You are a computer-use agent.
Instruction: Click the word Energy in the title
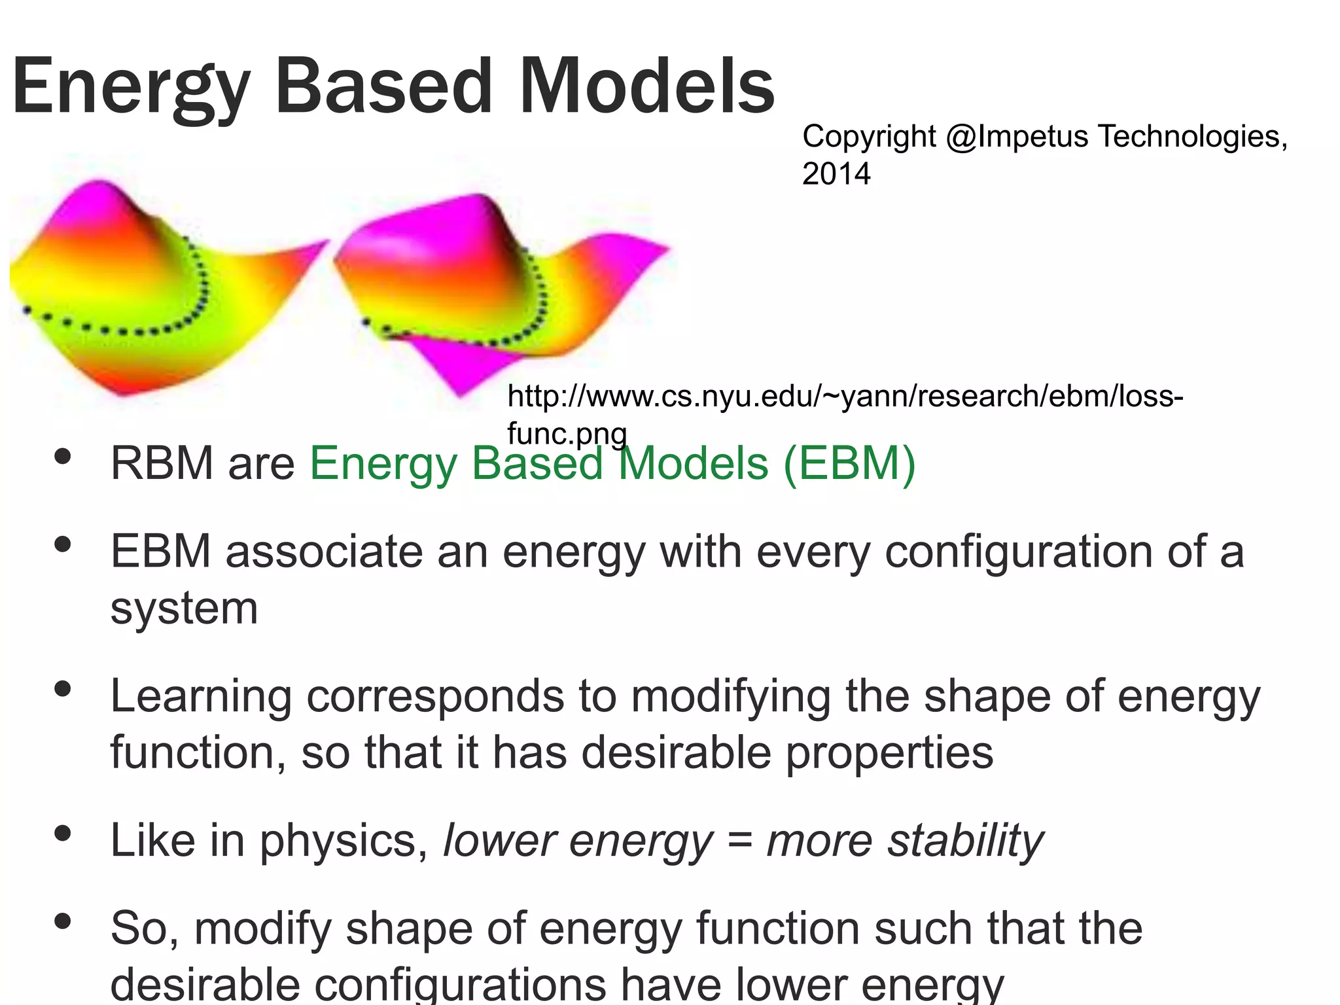(x=131, y=88)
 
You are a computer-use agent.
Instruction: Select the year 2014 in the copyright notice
(x=836, y=174)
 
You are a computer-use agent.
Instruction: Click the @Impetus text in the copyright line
(x=1017, y=137)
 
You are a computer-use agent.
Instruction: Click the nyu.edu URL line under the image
(x=844, y=397)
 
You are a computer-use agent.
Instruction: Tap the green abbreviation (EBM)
(x=849, y=463)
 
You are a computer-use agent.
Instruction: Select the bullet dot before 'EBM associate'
(x=63, y=544)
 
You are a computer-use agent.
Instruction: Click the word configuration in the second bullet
(x=1018, y=551)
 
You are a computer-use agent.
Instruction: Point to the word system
(x=184, y=608)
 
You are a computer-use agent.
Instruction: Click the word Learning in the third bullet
(x=201, y=696)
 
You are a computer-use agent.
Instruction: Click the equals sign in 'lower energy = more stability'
(x=739, y=841)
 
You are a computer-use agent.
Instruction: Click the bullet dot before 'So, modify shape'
(x=63, y=921)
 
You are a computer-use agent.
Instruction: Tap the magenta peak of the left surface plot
(x=98, y=196)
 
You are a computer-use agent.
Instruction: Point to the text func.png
(x=567, y=433)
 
